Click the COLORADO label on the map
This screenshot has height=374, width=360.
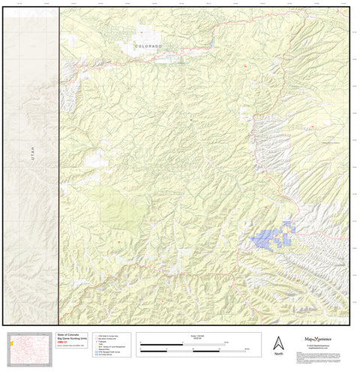click(148, 46)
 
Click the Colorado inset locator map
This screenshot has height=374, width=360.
click(31, 346)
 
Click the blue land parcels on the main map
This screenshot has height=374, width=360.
click(272, 237)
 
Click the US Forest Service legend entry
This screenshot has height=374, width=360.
click(105, 355)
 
